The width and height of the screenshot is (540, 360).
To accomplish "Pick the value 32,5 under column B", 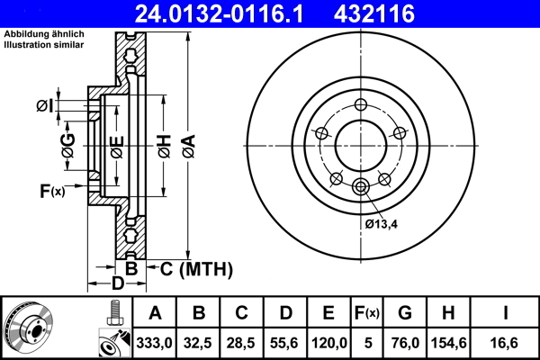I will pos(199,341).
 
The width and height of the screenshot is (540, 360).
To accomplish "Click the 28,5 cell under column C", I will pos(242,341).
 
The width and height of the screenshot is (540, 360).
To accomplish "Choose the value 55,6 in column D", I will pos(285,341).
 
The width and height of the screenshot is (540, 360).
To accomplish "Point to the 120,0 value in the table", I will pos(328,341).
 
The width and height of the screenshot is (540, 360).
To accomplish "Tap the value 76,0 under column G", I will pos(405,341).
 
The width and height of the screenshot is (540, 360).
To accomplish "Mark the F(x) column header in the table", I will pos(367,313).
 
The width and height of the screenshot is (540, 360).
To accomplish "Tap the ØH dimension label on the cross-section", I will pos(163,144).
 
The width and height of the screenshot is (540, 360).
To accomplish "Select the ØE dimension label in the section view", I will pos(116,144).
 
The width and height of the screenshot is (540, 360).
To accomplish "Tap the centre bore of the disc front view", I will pos(360,144).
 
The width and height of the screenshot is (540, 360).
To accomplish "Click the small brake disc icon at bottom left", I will pos(28,327).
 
